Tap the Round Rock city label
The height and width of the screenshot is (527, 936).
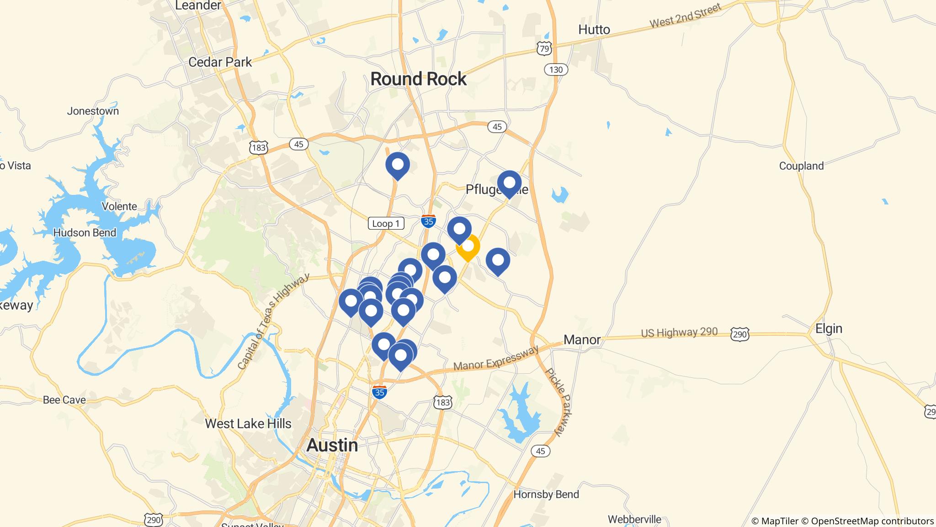(418, 79)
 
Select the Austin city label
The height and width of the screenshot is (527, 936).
(332, 445)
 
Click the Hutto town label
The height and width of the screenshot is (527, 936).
(594, 30)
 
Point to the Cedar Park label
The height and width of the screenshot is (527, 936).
(220, 62)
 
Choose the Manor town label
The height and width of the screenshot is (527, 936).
(582, 339)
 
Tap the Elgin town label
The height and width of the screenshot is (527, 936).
(829, 328)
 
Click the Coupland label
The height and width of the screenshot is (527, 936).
(801, 166)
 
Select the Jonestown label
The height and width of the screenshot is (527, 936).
(93, 111)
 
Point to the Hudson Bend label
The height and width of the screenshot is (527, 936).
(85, 232)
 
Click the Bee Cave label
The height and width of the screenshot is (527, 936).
(64, 400)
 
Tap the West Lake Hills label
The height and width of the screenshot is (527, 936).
(248, 423)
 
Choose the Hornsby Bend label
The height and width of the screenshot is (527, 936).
(546, 494)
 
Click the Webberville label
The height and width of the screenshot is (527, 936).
(634, 519)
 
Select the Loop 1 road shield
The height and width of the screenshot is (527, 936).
(386, 223)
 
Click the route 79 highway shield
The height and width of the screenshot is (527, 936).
(544, 48)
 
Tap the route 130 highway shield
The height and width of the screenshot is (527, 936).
(556, 70)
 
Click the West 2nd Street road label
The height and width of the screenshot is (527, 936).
(685, 16)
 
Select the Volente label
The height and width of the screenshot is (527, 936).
(119, 206)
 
